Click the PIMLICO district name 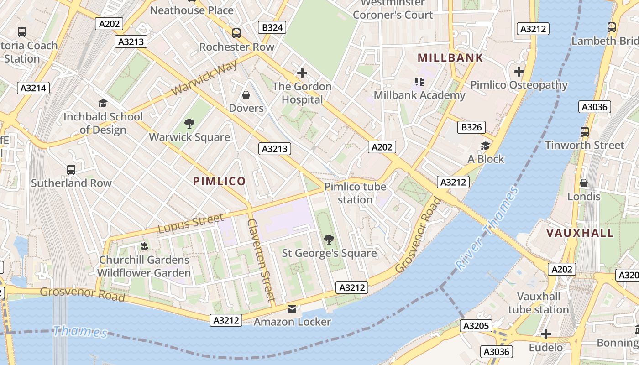click(219, 181)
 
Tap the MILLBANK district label click(450, 58)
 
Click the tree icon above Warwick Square click(189, 123)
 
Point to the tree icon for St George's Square click(329, 239)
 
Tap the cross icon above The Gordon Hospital click(302, 73)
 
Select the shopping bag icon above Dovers click(246, 95)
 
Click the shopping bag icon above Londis click(584, 183)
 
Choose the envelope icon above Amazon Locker click(292, 309)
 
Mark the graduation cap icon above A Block click(485, 146)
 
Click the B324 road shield click(272, 27)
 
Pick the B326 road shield click(471, 127)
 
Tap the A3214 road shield click(33, 88)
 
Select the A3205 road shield click(477, 326)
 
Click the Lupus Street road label click(191, 223)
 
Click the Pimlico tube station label click(355, 193)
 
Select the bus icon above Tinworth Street click(584, 132)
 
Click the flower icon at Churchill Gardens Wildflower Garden click(144, 246)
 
